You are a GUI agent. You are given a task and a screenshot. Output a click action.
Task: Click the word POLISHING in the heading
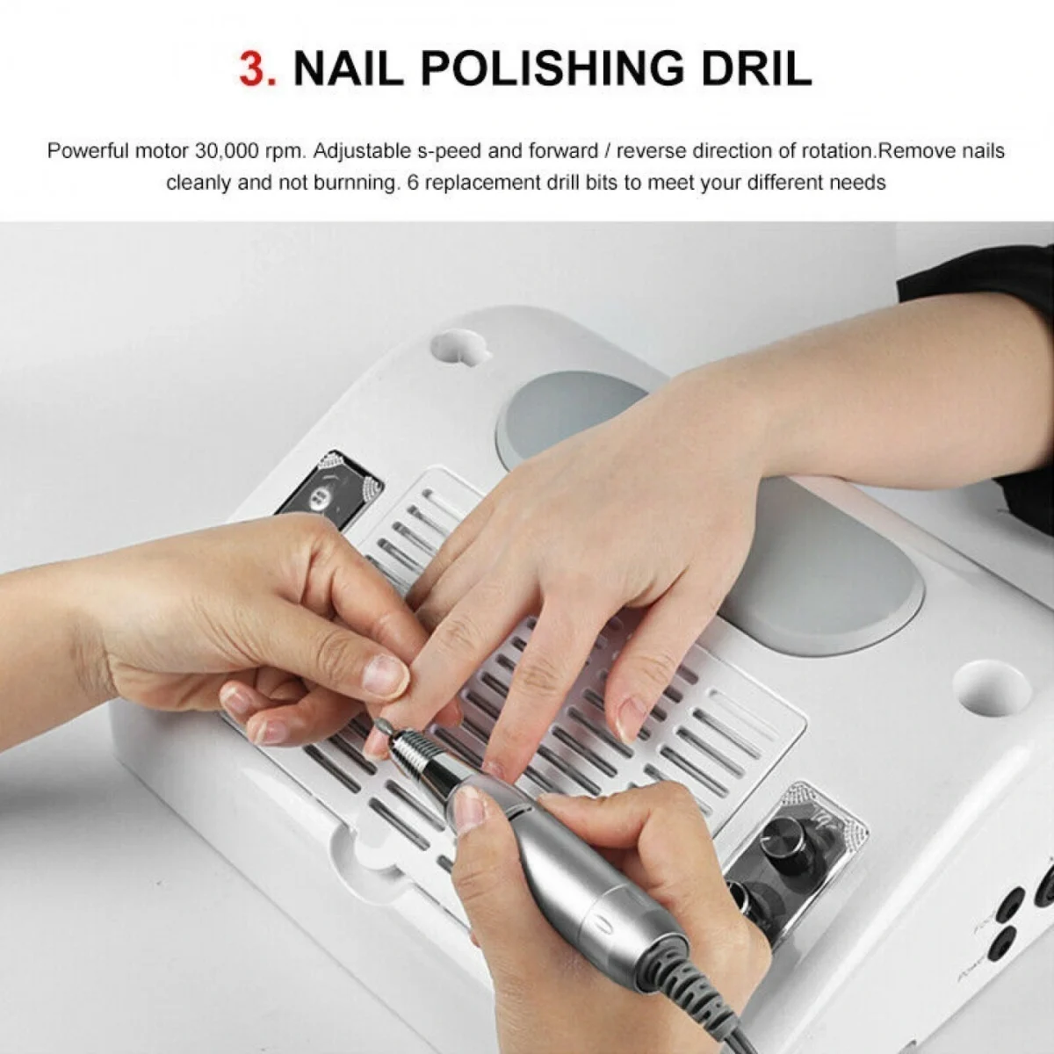pos(552,68)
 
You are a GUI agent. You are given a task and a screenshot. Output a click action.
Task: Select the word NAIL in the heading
pos(348,68)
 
